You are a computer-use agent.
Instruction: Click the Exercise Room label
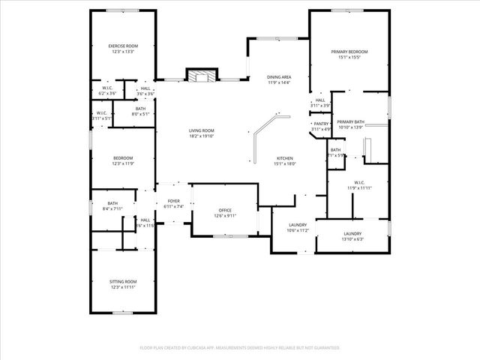coord(123,46)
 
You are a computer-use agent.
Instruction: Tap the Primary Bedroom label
coord(350,52)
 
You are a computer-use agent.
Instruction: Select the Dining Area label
coord(279,77)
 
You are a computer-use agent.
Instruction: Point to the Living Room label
coord(201,130)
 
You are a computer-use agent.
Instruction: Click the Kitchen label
coord(284,158)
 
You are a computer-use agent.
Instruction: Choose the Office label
coord(225,210)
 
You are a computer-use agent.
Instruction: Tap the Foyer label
coord(173,201)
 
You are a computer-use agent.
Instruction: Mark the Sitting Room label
coord(123,281)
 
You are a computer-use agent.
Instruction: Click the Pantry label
coord(321,124)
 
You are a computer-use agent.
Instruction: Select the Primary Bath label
coord(350,121)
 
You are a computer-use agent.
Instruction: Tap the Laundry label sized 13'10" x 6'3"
coord(352,234)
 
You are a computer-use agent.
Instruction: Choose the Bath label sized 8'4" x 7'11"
coord(112,203)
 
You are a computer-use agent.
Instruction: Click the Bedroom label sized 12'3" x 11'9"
coord(123,157)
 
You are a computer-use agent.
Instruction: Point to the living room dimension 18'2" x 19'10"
coord(201,136)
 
